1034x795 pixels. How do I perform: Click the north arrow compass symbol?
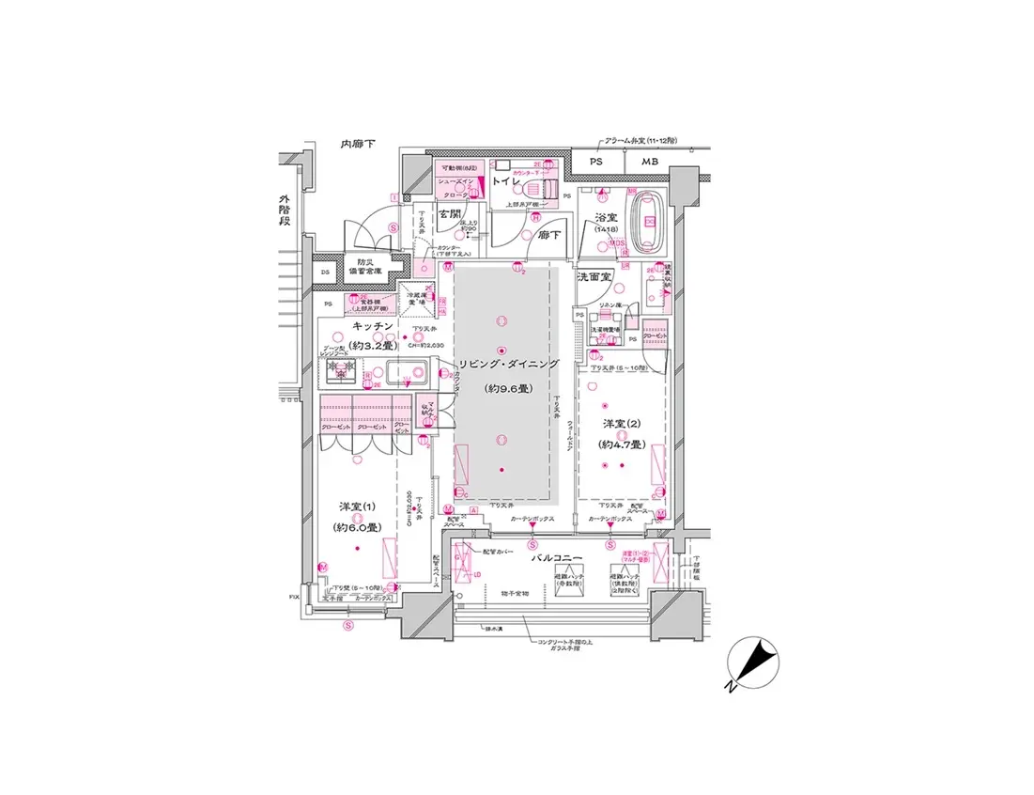tap(753, 662)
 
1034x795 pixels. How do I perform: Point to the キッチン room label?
tap(372, 325)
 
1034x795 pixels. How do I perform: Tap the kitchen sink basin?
tap(408, 373)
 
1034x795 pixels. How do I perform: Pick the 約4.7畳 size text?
tap(622, 444)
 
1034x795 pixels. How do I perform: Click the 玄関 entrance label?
tap(451, 214)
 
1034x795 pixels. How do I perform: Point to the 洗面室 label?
tap(594, 277)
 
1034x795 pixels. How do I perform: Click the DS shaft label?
tap(325, 273)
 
